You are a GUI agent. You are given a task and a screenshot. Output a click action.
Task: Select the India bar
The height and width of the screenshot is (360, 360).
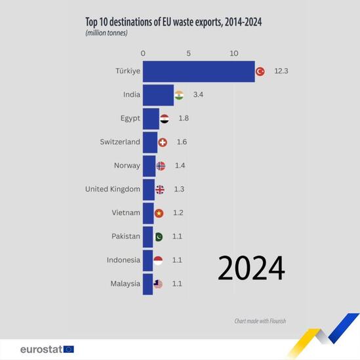pos(158,95)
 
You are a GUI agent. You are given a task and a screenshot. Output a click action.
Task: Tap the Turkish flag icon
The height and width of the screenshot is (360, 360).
pos(260,71)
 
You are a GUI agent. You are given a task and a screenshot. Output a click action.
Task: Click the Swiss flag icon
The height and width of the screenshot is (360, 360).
pos(163,142)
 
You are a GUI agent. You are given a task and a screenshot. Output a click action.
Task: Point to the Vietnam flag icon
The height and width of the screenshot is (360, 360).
pos(159,213)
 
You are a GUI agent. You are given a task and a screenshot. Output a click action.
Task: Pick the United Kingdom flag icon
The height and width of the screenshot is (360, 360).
pos(160,190)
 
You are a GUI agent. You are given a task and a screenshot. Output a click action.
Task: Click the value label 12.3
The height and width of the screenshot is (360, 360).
pos(281,71)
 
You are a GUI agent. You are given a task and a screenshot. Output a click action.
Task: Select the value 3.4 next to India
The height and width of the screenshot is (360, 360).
pos(198,95)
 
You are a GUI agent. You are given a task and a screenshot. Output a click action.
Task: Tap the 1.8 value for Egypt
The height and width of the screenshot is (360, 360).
pos(184,119)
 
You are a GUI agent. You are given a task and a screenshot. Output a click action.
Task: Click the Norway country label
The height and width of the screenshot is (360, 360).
pos(127,166)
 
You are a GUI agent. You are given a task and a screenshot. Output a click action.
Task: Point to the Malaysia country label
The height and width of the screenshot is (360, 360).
pos(125,284)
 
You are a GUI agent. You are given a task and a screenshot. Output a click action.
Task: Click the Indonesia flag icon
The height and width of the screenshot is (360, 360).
pos(157,260)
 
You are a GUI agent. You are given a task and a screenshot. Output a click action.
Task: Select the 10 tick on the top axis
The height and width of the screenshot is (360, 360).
pos(233,52)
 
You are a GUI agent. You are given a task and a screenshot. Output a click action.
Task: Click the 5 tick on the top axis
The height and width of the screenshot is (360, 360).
pos(188,52)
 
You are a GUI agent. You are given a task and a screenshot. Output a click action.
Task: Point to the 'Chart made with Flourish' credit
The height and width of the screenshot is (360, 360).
pos(260,321)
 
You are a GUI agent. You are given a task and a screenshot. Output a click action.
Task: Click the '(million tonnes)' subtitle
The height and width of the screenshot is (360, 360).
pos(106,33)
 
